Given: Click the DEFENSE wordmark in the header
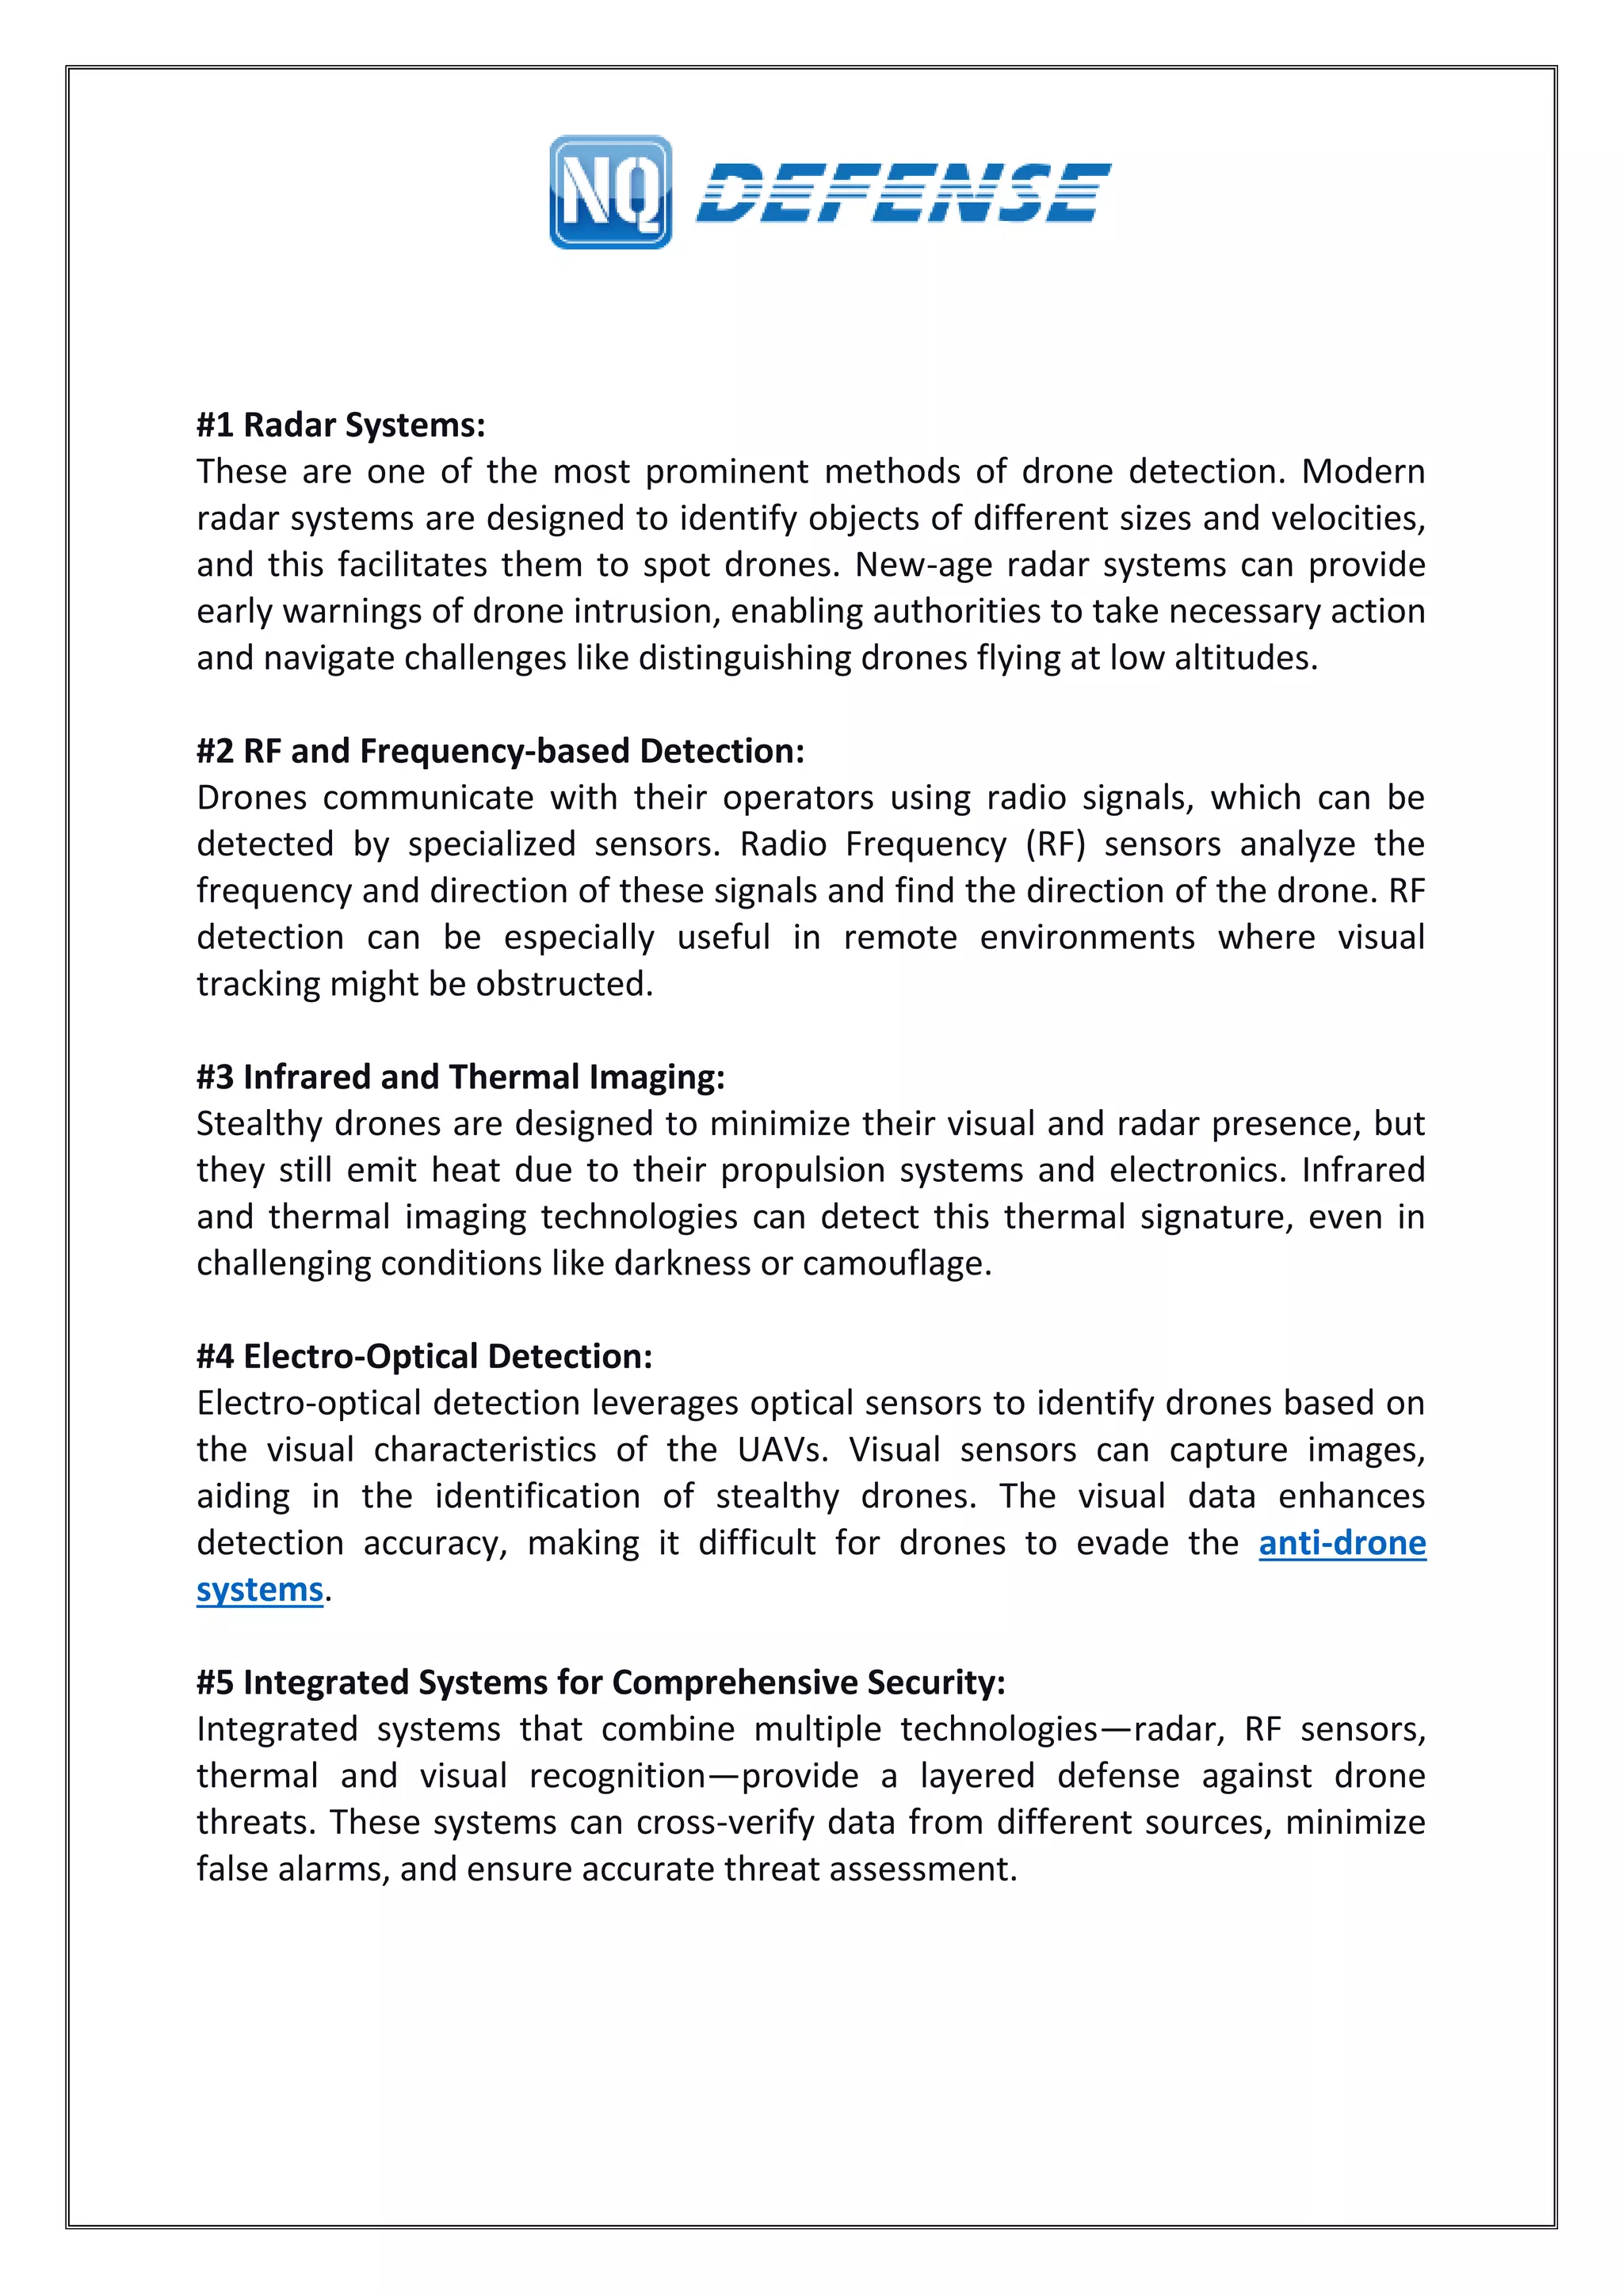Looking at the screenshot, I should pyautogui.click(x=903, y=192).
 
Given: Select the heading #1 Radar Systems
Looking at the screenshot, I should pyautogui.click(x=341, y=425).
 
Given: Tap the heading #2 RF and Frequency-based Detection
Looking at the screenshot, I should pyautogui.click(x=500, y=752).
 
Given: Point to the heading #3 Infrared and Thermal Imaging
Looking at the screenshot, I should pyautogui.click(x=460, y=1077).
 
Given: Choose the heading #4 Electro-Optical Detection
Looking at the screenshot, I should pyautogui.click(x=424, y=1357).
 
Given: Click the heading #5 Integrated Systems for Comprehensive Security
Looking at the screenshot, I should pyautogui.click(x=600, y=1682).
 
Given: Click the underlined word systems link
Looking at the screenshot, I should pyautogui.click(x=260, y=1590).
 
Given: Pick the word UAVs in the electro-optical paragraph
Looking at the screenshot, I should pyautogui.click(x=782, y=1450).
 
